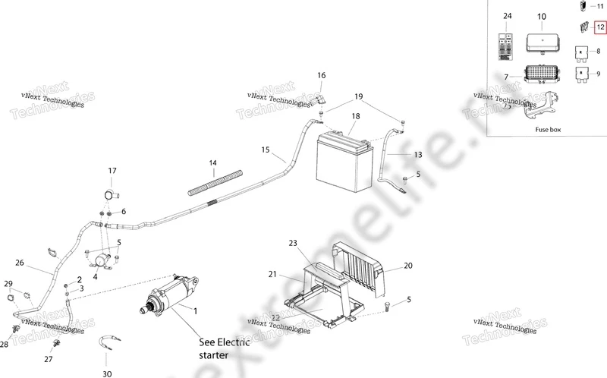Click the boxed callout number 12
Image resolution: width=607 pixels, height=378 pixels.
(x=600, y=27)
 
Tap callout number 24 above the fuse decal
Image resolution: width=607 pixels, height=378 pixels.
(x=508, y=16)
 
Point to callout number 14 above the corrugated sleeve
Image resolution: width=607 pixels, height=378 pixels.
(x=213, y=162)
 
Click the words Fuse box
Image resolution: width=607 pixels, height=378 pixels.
(x=547, y=130)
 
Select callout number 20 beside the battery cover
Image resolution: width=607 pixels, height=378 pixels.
(x=408, y=266)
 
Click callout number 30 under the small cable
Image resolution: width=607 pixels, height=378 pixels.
(x=107, y=373)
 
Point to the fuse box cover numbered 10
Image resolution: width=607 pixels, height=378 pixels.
(x=541, y=42)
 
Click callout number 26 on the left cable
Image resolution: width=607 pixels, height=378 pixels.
(x=20, y=263)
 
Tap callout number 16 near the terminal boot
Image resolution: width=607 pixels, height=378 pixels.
(x=321, y=76)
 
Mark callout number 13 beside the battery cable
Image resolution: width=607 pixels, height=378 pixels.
(x=417, y=155)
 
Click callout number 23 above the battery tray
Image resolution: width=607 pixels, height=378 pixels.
(x=294, y=243)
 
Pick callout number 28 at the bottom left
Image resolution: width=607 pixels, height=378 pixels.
(x=4, y=345)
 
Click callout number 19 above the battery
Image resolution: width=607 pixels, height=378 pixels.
(x=359, y=97)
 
